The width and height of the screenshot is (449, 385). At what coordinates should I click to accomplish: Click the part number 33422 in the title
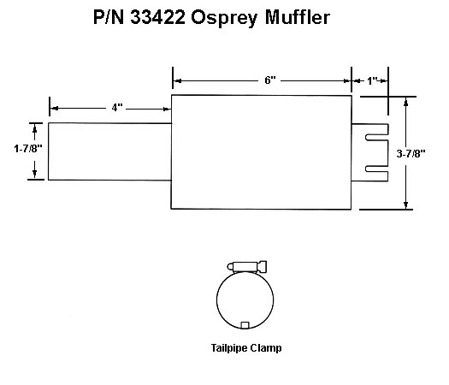[157, 17]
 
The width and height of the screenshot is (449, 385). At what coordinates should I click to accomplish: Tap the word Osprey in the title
[224, 19]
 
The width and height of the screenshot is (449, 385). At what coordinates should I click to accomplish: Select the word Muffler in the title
[298, 17]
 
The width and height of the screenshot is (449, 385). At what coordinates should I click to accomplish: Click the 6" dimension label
[270, 80]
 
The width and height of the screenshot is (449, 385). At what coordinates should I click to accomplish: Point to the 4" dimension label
[117, 108]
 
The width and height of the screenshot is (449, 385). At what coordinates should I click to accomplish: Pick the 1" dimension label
[372, 80]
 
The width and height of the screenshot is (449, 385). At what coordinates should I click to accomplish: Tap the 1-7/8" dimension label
[28, 148]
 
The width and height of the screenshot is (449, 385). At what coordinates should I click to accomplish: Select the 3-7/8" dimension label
[411, 154]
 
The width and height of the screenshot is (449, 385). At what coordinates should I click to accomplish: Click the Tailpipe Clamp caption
[246, 348]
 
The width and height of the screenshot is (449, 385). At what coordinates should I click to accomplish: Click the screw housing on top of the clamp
[248, 266]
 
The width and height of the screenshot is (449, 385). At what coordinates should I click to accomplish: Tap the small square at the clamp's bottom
[245, 325]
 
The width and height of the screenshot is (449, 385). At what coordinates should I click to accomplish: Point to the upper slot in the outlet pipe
[377, 138]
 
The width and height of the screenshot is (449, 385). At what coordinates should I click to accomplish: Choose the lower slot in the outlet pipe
[377, 169]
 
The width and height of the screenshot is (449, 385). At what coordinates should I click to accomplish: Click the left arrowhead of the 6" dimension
[178, 81]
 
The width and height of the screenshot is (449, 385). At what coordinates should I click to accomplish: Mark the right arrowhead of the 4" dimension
[167, 109]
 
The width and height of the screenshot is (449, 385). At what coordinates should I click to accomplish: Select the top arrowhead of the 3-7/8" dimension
[405, 102]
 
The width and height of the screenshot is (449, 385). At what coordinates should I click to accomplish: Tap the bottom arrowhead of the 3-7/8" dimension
[405, 204]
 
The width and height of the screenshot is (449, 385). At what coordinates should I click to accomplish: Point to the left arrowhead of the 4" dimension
[55, 109]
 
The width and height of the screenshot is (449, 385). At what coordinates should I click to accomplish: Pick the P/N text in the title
[109, 17]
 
